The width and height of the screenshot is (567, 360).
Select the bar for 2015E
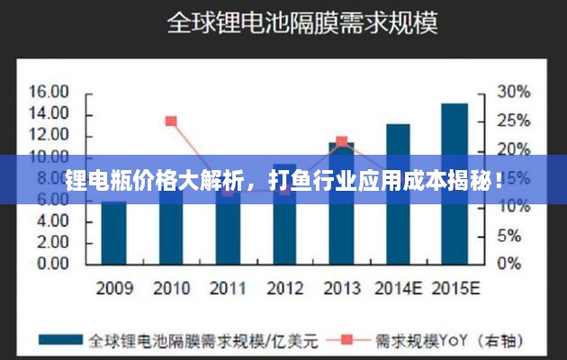click(x=454, y=180)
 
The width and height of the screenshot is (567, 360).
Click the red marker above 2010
click(x=171, y=121)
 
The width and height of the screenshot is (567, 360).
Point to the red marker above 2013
click(x=341, y=141)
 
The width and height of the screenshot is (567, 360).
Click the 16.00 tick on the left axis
click(x=49, y=92)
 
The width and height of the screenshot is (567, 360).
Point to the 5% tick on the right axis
click(x=509, y=235)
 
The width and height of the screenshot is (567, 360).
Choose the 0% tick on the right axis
click(x=509, y=264)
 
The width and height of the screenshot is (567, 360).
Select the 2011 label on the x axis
click(x=228, y=289)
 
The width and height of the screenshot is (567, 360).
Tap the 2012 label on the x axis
click(x=284, y=289)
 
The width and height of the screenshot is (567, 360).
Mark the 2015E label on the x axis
click(x=455, y=289)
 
